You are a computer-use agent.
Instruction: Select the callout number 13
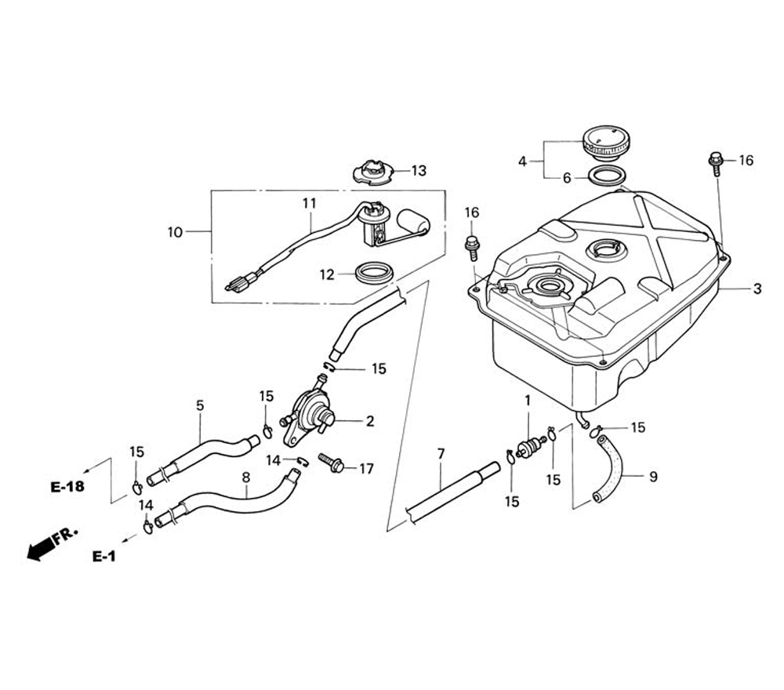coord(419,170)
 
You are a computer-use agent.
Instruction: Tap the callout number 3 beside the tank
coord(757,289)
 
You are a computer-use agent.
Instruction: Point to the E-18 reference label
coord(67,487)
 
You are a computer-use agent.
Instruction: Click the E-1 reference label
coord(103,557)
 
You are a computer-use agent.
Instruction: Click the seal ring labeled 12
coord(375,273)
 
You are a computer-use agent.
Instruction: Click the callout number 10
coord(174,232)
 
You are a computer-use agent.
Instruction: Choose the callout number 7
coord(441,453)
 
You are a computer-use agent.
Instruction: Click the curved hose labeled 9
coord(608,469)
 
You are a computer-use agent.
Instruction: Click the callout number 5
coord(200,405)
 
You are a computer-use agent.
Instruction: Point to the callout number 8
coord(245,476)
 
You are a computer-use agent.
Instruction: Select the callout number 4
coord(522,162)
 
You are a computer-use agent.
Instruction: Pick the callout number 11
coord(310,203)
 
